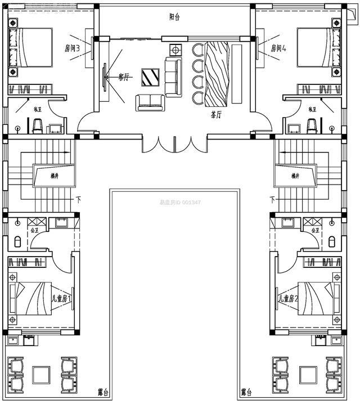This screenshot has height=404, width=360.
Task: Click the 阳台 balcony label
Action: tap(174, 17)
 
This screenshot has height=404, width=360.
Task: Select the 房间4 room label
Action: tap(278, 48)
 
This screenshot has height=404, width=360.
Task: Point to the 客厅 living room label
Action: tap(124, 77)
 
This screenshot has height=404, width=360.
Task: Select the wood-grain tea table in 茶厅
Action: tap(217, 73)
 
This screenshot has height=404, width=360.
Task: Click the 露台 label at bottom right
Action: tap(246, 391)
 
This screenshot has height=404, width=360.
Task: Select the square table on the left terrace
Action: tap(40, 374)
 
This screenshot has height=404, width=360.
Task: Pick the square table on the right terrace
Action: tap(308, 374)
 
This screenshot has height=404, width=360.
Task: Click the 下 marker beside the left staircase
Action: tap(78, 199)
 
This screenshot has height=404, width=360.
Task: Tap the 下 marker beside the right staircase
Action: tap(272, 199)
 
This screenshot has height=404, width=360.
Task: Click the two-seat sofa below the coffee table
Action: tap(149, 102)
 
